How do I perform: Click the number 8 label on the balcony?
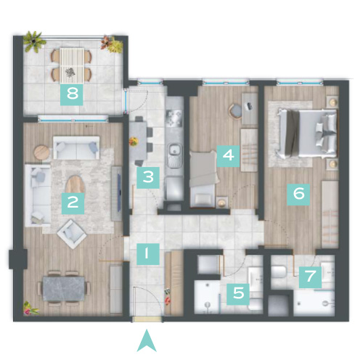click(x=72, y=94)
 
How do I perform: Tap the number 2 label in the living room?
click(x=73, y=203)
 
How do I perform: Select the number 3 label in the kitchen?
click(x=148, y=178)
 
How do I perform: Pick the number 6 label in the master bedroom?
click(x=228, y=156)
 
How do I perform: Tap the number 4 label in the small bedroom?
click(x=228, y=156)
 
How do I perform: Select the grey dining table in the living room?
click(x=64, y=289)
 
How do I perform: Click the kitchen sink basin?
click(x=175, y=150)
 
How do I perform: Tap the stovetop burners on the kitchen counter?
click(x=174, y=118)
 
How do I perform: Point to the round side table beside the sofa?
click(x=41, y=152)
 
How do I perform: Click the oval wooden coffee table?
click(x=76, y=185)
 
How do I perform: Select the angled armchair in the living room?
click(x=72, y=234)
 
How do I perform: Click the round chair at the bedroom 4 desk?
click(x=235, y=111)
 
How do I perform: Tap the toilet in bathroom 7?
click(x=279, y=272)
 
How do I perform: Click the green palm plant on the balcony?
click(x=35, y=41)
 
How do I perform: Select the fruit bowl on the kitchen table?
click(x=133, y=142)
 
